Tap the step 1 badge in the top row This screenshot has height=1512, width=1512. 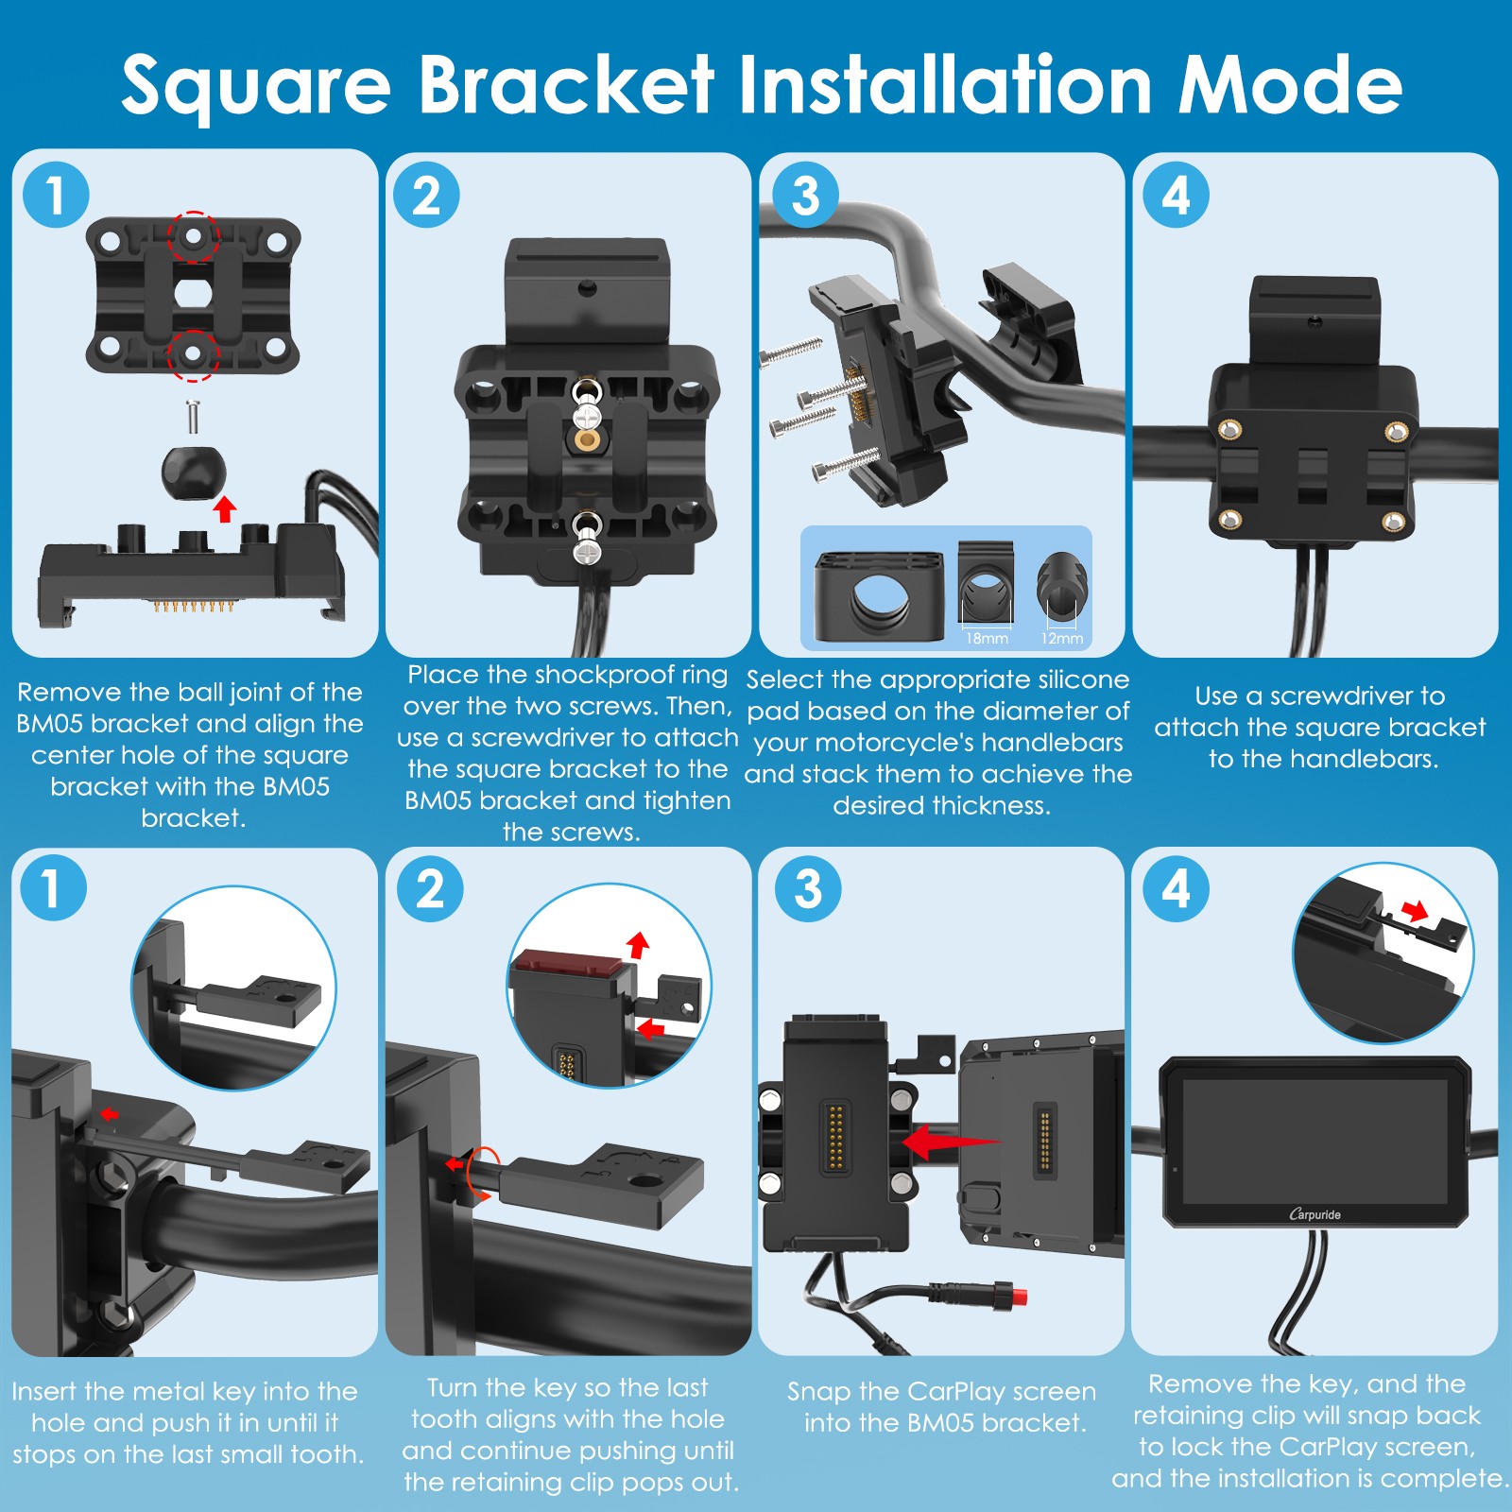point(56,195)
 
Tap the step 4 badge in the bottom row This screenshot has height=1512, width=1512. point(1176,888)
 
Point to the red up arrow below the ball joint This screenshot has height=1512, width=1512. point(224,508)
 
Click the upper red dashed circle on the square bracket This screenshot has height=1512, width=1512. point(193,237)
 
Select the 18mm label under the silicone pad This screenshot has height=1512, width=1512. point(987,639)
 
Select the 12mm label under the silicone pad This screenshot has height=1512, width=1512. point(1062,639)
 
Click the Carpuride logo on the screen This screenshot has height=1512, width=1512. point(1314,1214)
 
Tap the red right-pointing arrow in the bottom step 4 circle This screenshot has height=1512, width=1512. point(1415,911)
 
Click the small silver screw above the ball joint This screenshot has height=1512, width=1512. point(193,417)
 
